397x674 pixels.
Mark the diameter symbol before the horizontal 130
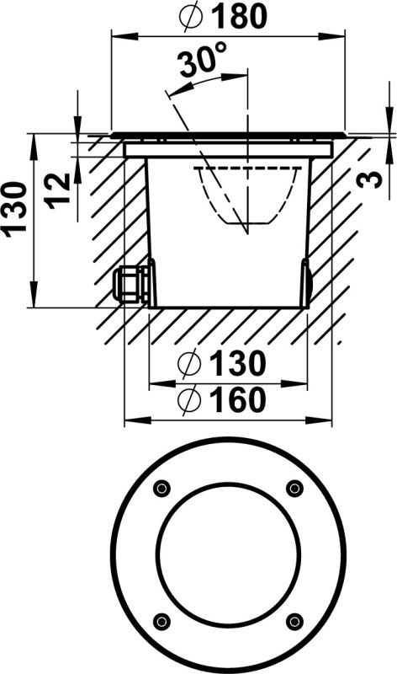tap(190, 364)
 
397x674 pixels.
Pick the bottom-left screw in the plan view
tap(161, 621)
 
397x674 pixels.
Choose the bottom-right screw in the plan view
tap(294, 621)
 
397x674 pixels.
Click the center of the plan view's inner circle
tap(228, 554)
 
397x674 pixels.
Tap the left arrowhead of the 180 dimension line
tap(118, 35)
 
